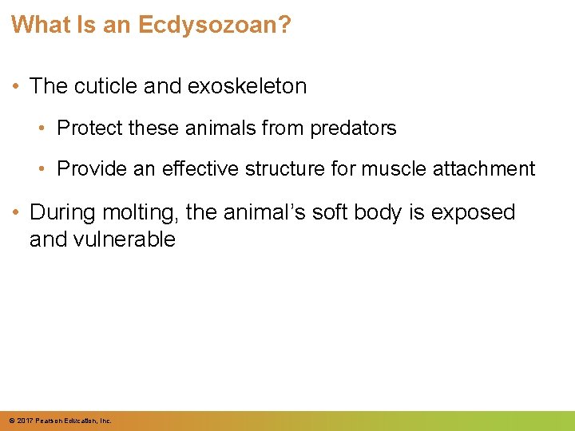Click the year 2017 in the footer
pyautogui.click(x=25, y=421)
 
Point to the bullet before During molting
pyautogui.click(x=17, y=212)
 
